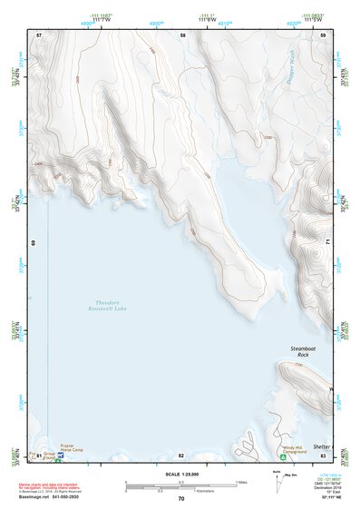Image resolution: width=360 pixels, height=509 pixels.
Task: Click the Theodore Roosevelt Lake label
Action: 119,305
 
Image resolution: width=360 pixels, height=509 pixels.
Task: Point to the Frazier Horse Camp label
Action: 74,448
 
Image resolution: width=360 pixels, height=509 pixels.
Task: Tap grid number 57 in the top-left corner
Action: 39,34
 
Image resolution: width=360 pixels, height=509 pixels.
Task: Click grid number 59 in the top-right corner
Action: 324,34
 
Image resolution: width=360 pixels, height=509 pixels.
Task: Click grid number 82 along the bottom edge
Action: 181,455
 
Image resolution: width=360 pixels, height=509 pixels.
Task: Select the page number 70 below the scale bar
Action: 181,498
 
